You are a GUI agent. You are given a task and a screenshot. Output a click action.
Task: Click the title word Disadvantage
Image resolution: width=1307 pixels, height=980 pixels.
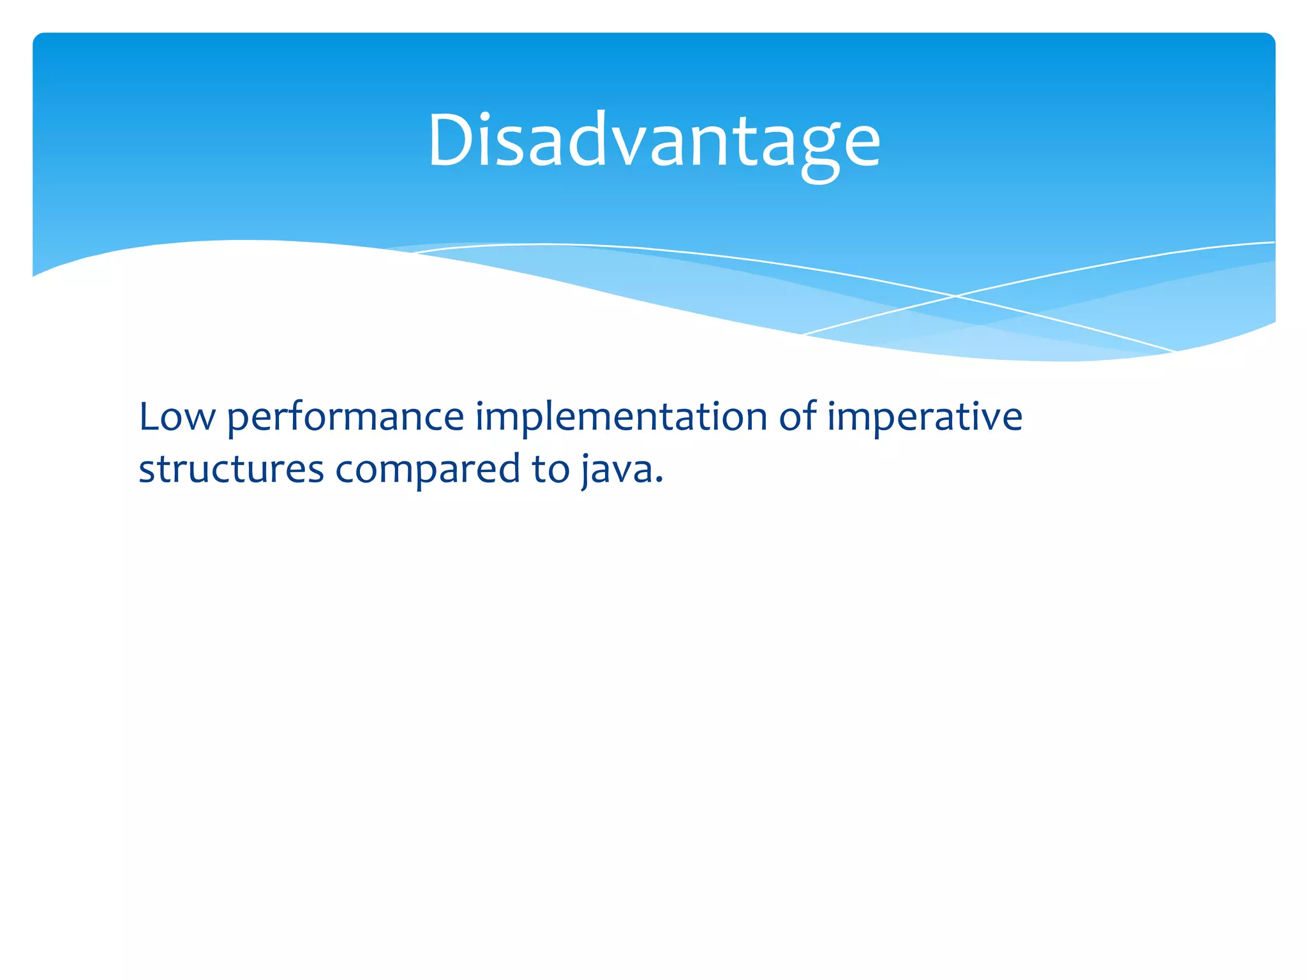653,140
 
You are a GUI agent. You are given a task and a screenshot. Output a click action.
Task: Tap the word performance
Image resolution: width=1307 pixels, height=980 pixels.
345,418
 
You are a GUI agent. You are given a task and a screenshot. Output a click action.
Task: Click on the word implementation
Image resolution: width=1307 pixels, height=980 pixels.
620,418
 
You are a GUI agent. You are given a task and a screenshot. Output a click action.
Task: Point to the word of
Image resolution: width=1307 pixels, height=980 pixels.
797,418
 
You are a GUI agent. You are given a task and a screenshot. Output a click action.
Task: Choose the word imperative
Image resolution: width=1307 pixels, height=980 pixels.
925,418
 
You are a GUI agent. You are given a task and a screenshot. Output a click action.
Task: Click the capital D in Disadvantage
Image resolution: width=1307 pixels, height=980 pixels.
452,140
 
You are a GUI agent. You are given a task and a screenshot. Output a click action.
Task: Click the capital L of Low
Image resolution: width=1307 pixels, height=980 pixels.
149,418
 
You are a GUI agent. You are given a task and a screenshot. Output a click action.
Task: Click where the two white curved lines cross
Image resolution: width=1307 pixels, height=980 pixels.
955,296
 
